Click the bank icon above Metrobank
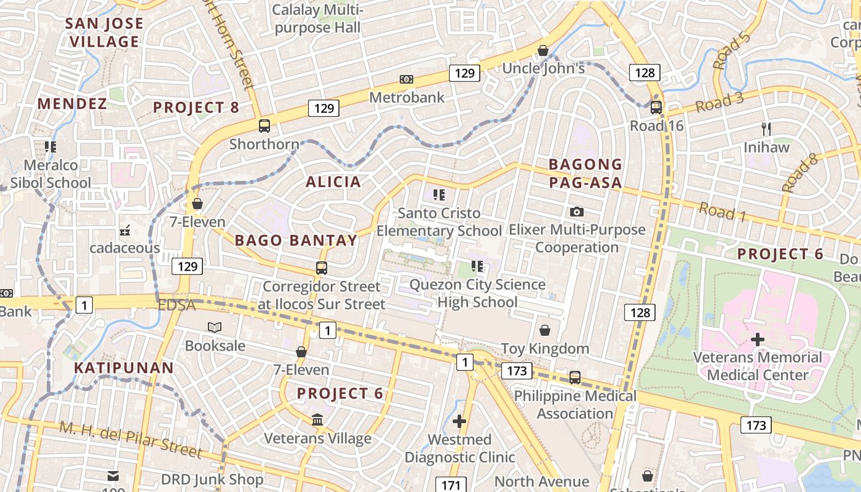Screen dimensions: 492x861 [x=406, y=79]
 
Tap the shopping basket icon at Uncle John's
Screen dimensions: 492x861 [x=543, y=50]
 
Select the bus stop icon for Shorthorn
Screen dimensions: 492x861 [x=264, y=126]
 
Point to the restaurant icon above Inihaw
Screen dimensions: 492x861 [x=766, y=129]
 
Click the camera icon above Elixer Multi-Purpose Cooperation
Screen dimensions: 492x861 [x=576, y=212]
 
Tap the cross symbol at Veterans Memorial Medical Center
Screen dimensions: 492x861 [x=758, y=339]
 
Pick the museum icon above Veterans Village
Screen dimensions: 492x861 [x=317, y=420]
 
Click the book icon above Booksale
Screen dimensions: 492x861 [x=215, y=327]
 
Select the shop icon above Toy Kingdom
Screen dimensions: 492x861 [x=544, y=330]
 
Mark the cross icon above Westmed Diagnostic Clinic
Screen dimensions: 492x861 [x=459, y=421]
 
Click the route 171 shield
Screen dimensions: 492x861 [x=451, y=485]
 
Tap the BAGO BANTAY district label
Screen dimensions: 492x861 [x=296, y=240]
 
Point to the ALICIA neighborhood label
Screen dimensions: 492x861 [x=333, y=182]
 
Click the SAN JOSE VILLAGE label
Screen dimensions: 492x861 [x=105, y=33]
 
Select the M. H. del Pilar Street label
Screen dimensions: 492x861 [x=130, y=440]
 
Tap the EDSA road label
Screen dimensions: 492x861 [x=177, y=305]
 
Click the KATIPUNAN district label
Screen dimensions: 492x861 [x=124, y=368]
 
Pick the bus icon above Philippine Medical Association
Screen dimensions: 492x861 [x=574, y=377]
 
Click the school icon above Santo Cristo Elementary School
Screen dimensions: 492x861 [x=439, y=196]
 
